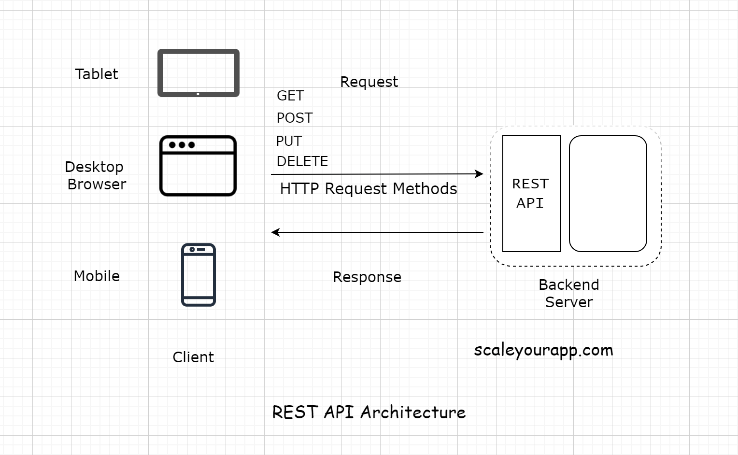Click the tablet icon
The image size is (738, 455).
(199, 73)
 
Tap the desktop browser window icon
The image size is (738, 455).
(198, 166)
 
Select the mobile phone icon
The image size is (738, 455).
(199, 275)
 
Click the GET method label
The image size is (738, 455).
(290, 96)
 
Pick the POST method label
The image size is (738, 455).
(295, 118)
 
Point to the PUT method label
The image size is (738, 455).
(289, 141)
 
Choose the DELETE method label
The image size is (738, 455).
(302, 161)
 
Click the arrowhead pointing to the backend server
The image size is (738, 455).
(479, 174)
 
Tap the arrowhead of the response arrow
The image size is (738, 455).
(275, 232)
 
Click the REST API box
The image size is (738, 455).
(531, 194)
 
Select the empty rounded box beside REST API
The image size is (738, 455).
(608, 194)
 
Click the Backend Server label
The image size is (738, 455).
(569, 293)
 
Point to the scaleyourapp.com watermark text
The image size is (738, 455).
(543, 350)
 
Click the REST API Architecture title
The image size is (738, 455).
(369, 412)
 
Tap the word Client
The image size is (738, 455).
(193, 357)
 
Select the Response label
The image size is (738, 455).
(367, 277)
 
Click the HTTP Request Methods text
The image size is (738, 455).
(369, 188)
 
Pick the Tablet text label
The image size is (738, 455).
(97, 74)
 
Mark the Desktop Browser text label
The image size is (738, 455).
(96, 175)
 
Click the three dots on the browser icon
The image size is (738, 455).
(182, 145)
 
